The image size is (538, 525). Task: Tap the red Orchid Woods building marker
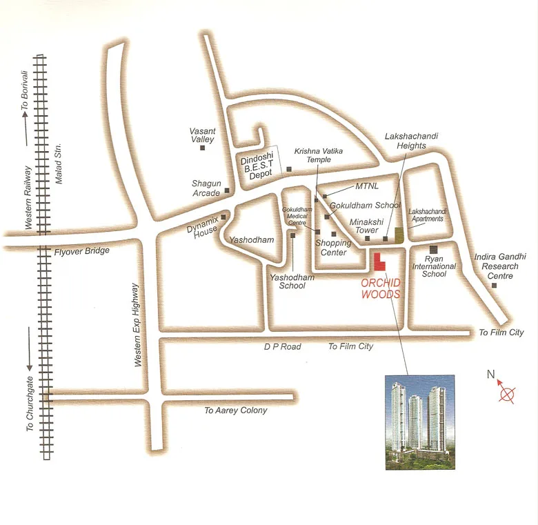point(379,261)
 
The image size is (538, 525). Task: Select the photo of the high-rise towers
point(420,422)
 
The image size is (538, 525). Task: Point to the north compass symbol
point(507,395)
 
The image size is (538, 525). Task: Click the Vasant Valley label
point(203,135)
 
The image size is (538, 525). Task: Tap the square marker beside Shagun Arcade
point(226,190)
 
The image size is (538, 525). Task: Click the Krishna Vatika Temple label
point(319,155)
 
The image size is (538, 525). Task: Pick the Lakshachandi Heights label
point(411,141)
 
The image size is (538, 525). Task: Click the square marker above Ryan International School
point(433,249)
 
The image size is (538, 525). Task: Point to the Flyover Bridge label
point(82,251)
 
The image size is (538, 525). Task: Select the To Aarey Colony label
point(235,410)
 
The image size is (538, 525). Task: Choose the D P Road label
point(281,346)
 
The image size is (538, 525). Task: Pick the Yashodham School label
point(292,281)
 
